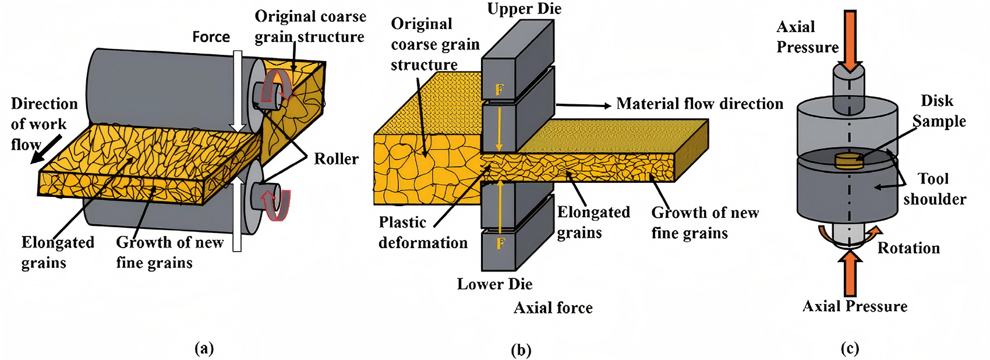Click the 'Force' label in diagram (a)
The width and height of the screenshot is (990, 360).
coord(211,37)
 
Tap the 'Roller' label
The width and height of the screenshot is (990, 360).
coord(336,159)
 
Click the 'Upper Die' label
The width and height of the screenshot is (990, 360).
coord(524,9)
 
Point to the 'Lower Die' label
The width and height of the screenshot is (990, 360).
coord(494,284)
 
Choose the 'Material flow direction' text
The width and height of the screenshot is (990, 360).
coord(699,104)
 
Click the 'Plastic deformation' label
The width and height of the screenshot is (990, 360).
coord(423,232)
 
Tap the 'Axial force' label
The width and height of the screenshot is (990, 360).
coord(553,308)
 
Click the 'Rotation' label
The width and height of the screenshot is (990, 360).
coord(908,248)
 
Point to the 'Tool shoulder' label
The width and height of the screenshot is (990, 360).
coord(934,189)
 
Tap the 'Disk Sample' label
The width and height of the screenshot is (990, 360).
coord(938,111)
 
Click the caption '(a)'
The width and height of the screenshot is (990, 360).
coord(203,348)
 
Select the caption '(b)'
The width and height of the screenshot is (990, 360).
coord(520,350)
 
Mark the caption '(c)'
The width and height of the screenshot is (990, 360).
coord(850,348)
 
